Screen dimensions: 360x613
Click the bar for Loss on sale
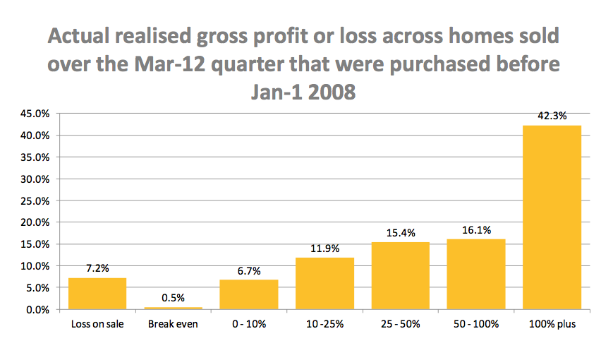coord(97,294)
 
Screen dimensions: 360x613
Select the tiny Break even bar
coord(173,308)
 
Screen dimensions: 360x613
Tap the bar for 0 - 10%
coord(248,294)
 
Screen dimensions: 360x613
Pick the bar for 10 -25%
coord(324,283)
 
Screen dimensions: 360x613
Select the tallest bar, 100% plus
coord(552,217)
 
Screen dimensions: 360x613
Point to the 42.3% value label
coord(552,116)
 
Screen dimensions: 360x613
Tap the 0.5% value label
coord(173,298)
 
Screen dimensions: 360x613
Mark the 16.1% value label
coord(476,230)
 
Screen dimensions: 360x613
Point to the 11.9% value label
coord(324,248)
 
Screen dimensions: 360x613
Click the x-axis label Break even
coord(173,324)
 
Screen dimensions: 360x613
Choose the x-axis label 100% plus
coord(552,324)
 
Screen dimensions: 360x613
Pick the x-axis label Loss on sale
coord(97,324)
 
